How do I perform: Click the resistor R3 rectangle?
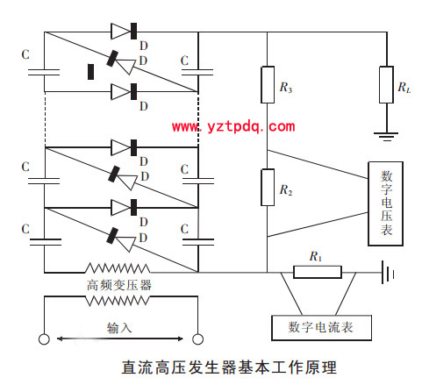click(x=268, y=84)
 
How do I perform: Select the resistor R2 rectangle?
click(x=268, y=188)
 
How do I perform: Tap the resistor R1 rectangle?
click(x=318, y=272)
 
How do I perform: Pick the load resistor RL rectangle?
click(x=386, y=84)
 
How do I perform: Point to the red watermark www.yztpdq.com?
click(x=233, y=126)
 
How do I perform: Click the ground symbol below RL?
click(x=386, y=137)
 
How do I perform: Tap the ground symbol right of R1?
click(x=388, y=273)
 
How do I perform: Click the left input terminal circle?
click(x=44, y=339)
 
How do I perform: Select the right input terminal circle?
click(x=198, y=339)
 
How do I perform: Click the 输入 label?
click(x=119, y=328)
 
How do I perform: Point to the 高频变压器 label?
click(x=119, y=285)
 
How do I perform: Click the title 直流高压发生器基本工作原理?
click(x=229, y=367)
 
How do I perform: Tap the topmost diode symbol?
click(x=124, y=31)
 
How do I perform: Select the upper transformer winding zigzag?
click(x=118, y=268)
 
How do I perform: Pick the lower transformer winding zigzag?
click(x=118, y=301)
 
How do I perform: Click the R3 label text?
click(x=286, y=88)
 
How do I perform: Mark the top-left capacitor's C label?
click(x=25, y=54)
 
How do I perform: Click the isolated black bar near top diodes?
click(x=91, y=72)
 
